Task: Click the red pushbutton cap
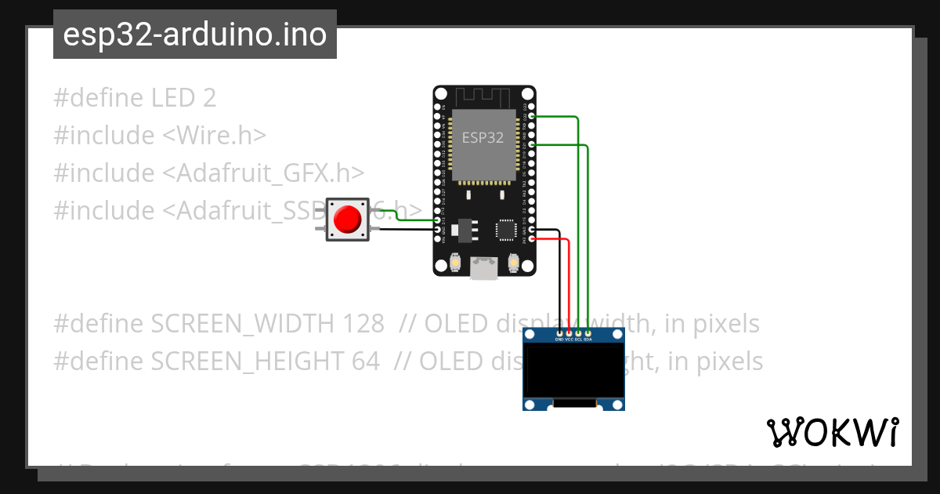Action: pyautogui.click(x=347, y=220)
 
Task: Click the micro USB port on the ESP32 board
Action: pyautogui.click(x=483, y=269)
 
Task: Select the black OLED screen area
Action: pyautogui.click(x=574, y=372)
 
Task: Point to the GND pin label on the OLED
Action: pyautogui.click(x=559, y=340)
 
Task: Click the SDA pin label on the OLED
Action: pyautogui.click(x=587, y=340)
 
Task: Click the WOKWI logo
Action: pyautogui.click(x=833, y=432)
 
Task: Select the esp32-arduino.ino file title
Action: pyautogui.click(x=194, y=35)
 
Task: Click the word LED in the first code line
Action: pyautogui.click(x=173, y=98)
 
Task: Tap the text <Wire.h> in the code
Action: pyautogui.click(x=214, y=136)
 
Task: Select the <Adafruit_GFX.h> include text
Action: pyautogui.click(x=263, y=173)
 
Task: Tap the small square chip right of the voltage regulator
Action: pyautogui.click(x=505, y=230)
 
